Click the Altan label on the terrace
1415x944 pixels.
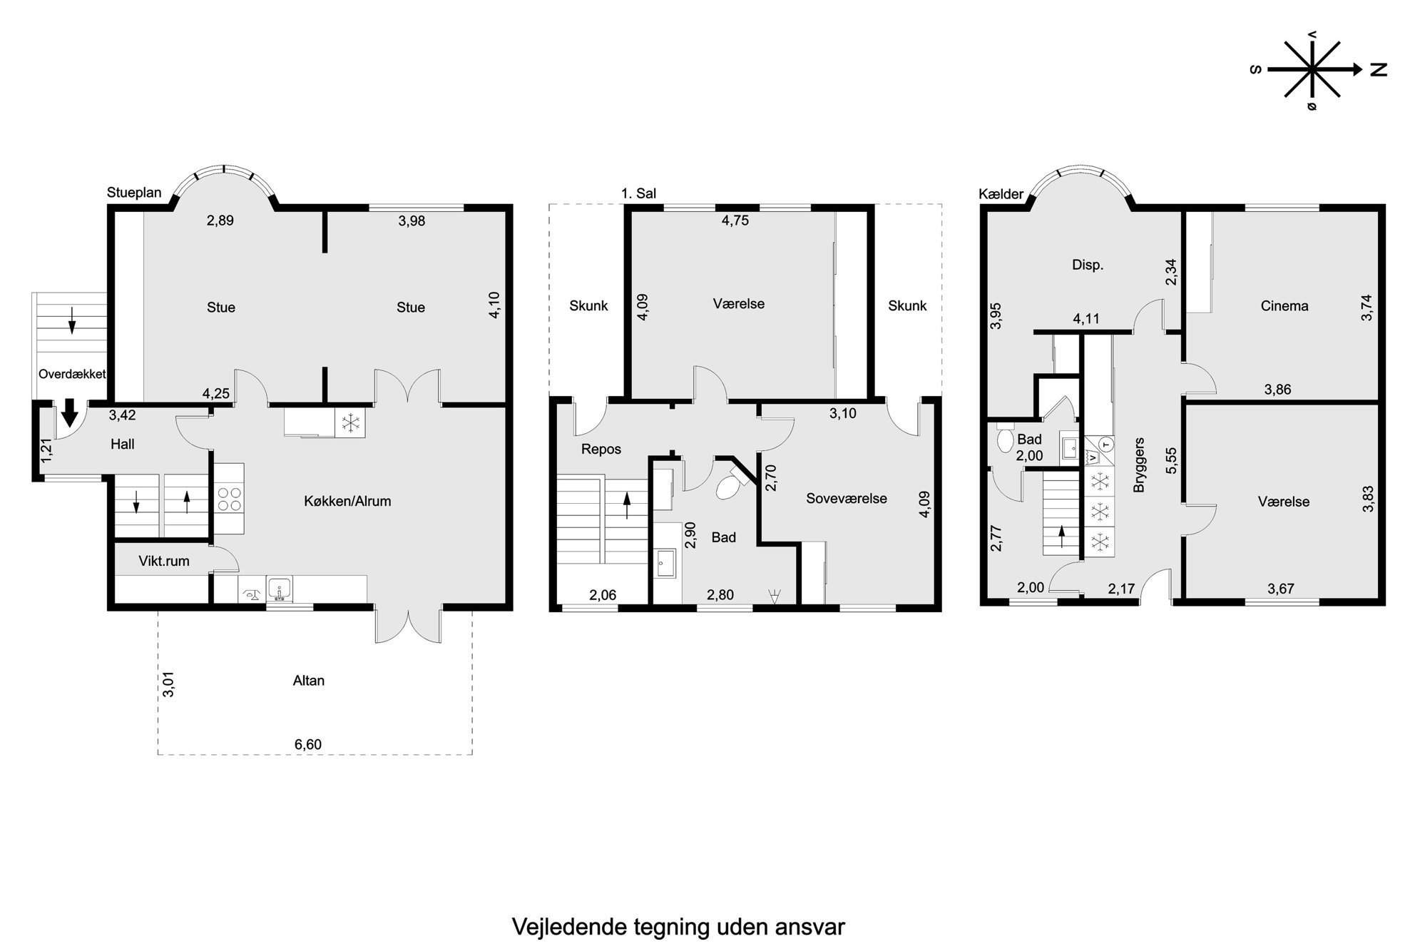tap(308, 681)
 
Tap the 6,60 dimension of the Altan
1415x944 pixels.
tap(308, 745)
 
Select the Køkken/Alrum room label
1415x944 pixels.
tap(347, 502)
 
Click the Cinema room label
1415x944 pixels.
tap(1284, 306)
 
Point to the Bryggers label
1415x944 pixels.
tap(1139, 465)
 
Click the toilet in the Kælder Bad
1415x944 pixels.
tap(1006, 439)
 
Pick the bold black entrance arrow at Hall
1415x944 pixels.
tap(69, 412)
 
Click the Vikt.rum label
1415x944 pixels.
tap(164, 562)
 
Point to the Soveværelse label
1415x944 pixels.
tap(847, 499)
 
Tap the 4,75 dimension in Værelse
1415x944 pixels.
tap(735, 220)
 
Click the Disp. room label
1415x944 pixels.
tap(1088, 265)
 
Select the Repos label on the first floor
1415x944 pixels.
tap(601, 450)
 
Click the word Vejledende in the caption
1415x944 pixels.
tap(569, 927)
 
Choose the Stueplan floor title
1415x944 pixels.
tap(134, 193)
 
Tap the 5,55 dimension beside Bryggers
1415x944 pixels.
tap(1171, 461)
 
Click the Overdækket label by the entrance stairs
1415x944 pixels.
tap(72, 374)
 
